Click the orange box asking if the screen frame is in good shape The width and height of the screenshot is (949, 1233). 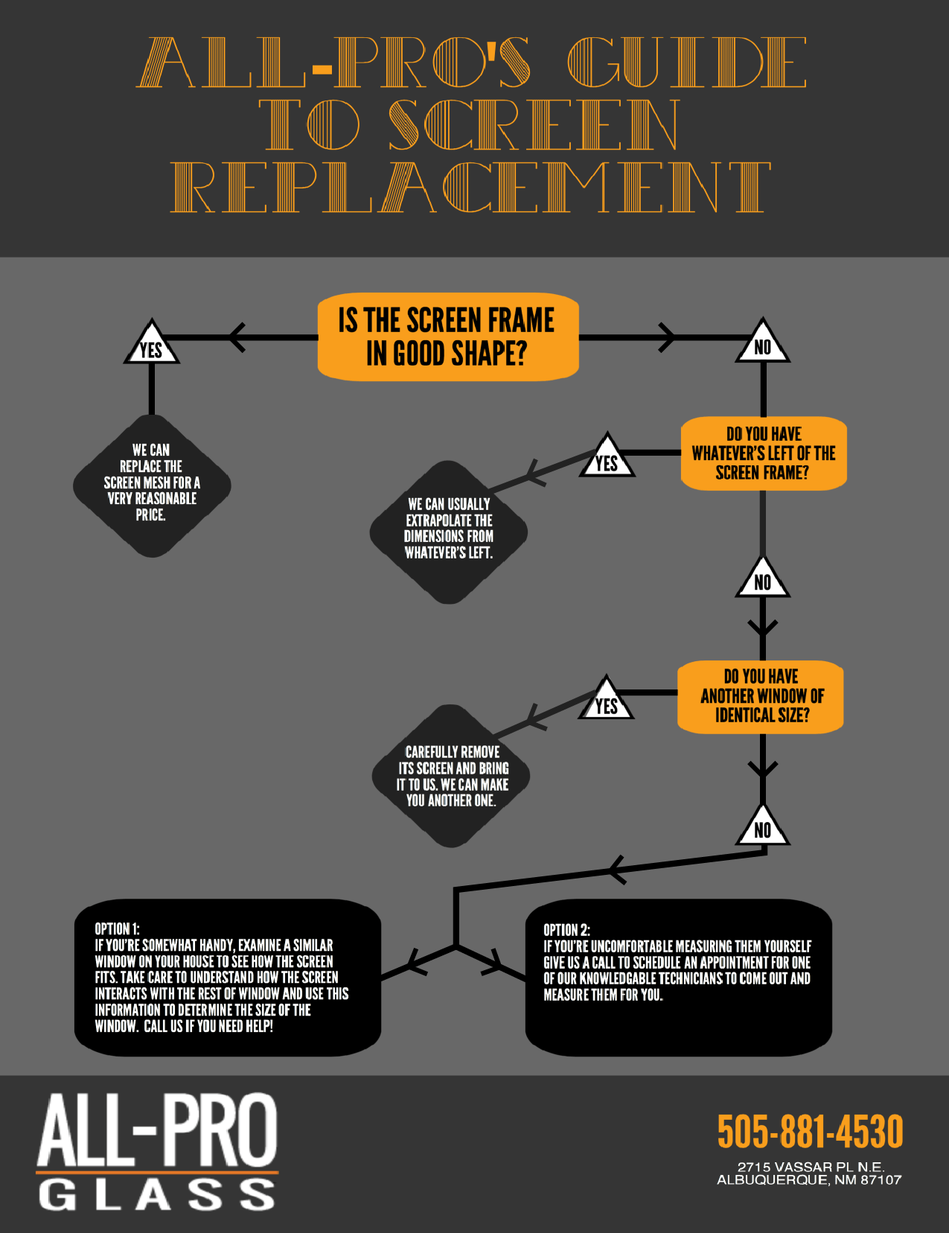pos(448,337)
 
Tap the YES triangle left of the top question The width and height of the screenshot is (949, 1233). pos(151,342)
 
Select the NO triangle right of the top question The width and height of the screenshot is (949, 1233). pos(762,342)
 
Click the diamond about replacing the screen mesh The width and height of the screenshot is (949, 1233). pos(152,485)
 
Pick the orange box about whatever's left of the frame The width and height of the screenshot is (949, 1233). pos(764,453)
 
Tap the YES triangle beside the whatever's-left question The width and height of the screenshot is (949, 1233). pos(607,456)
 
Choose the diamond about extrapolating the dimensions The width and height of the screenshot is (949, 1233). pos(449,532)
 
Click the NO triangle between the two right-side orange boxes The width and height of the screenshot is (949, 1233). pos(762,577)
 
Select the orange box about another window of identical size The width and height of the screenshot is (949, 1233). pos(760,697)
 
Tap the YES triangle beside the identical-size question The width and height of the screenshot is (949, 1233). pos(606,698)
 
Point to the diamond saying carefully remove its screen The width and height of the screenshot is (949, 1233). pos(451,776)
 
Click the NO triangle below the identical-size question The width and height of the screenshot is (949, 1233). pos(762,826)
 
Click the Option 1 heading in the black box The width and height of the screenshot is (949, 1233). pos(117,929)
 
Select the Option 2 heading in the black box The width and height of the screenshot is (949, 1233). pos(566,930)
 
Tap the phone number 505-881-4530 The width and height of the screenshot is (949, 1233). pos(810,1131)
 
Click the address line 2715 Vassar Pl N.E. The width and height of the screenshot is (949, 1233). pos(811,1167)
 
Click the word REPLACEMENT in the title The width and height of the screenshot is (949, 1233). pos(471,187)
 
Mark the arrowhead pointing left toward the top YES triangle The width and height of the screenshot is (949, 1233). pos(237,337)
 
